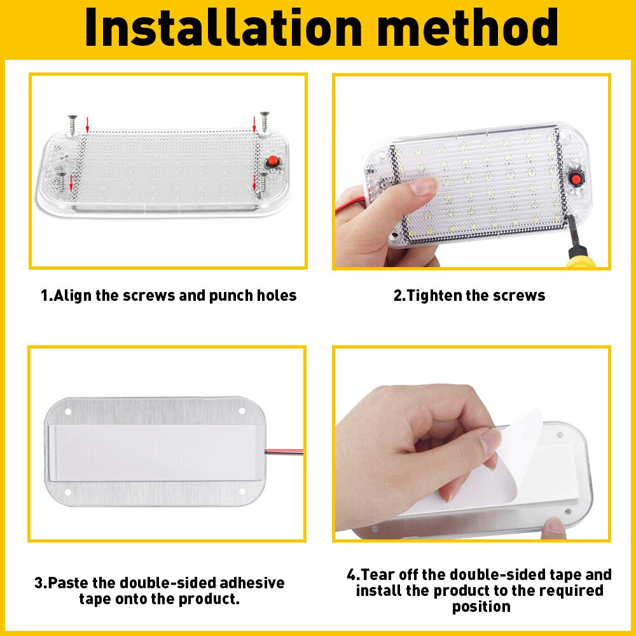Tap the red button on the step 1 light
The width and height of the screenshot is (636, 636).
coord(273,161)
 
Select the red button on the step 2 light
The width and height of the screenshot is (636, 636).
coord(575,179)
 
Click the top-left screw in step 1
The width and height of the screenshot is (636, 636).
coord(73,125)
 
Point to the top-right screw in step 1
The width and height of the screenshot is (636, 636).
coord(265,121)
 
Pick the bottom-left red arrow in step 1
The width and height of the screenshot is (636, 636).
coord(71,183)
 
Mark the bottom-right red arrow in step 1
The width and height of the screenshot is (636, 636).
coord(254,183)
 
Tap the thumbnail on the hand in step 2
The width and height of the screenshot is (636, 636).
coord(423,186)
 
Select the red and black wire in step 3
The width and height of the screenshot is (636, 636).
coord(284,452)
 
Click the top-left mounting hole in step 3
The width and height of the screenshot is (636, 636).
coord(68,411)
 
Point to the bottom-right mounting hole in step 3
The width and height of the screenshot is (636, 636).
coord(242,492)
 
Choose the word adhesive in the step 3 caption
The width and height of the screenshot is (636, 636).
coord(252,583)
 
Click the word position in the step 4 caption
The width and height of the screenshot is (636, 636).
coord(481,607)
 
